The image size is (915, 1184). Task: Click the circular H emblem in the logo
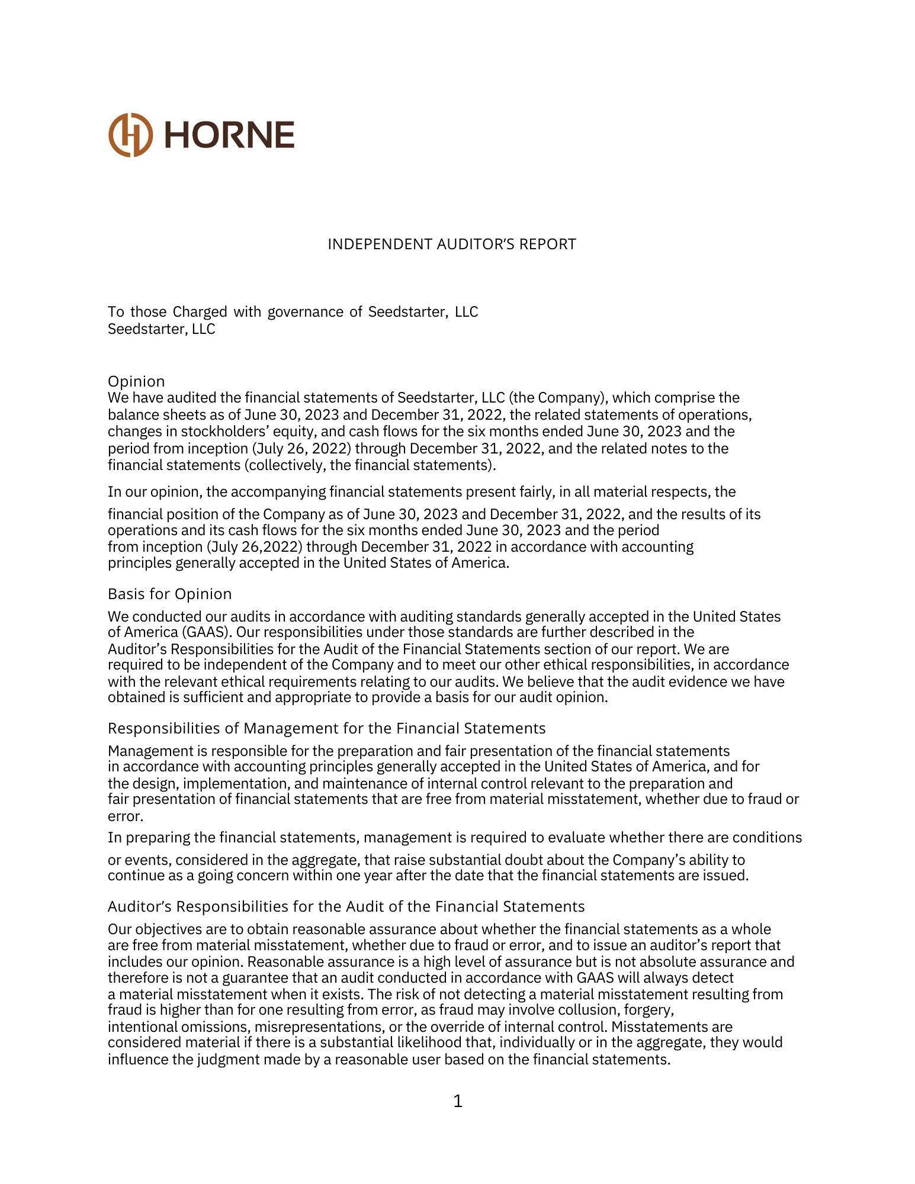tap(130, 135)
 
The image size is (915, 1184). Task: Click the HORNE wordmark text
tap(229, 135)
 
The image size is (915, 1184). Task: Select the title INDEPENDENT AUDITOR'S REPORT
tap(451, 244)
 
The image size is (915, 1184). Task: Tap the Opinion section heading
tap(136, 381)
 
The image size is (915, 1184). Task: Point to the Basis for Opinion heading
tap(169, 594)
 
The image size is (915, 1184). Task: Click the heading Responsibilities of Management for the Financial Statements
tap(326, 728)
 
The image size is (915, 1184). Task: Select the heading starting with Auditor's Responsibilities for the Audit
tap(346, 906)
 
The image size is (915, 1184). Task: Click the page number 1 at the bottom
tap(457, 1101)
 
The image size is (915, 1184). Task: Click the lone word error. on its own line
tap(125, 816)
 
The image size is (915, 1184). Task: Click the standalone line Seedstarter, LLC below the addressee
tap(161, 329)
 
